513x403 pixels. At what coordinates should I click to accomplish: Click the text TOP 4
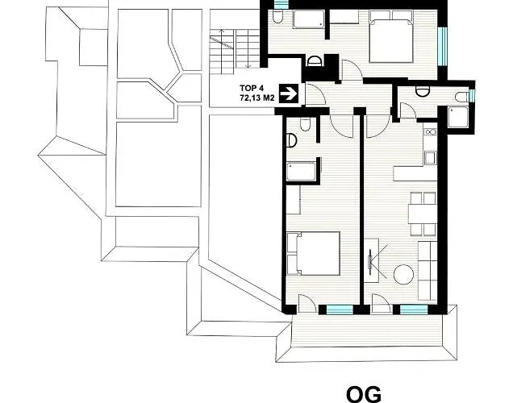click(252, 88)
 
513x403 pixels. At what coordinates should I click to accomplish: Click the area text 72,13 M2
click(257, 98)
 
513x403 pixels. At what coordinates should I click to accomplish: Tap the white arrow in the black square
click(289, 93)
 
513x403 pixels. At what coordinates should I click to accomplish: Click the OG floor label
click(364, 394)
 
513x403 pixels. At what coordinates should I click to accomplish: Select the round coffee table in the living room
click(403, 274)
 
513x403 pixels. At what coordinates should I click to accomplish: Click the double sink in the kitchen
click(430, 131)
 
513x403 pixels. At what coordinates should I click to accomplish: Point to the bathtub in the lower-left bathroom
click(302, 171)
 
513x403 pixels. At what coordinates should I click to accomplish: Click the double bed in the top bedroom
click(391, 36)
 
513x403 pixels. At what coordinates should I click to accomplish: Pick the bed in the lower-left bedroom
click(314, 254)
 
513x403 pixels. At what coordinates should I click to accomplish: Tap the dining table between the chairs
click(423, 214)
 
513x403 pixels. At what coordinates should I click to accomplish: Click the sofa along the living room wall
click(427, 271)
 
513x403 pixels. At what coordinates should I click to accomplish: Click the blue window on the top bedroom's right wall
click(442, 46)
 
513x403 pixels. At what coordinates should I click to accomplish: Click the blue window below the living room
click(414, 310)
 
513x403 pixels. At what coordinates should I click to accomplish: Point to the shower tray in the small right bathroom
click(458, 117)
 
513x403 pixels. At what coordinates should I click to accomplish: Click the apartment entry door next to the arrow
click(315, 94)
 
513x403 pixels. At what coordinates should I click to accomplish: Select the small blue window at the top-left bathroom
click(280, 5)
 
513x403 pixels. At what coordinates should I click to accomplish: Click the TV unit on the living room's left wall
click(372, 260)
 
